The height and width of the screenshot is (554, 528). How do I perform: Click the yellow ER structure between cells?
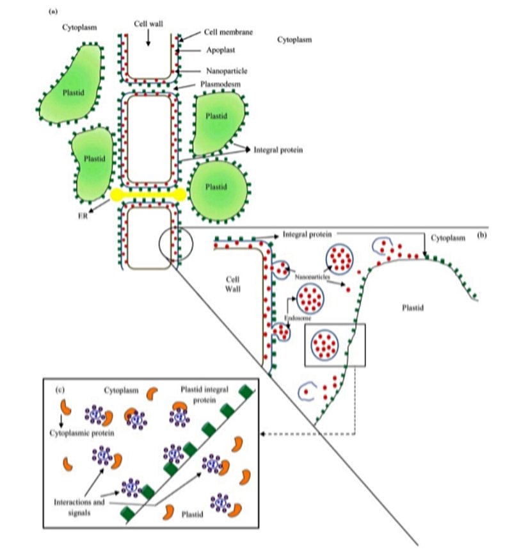(148, 195)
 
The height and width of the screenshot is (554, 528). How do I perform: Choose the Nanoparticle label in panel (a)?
(227, 71)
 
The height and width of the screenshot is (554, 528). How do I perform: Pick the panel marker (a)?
(54, 11)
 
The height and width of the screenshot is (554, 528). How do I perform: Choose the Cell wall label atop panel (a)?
(149, 22)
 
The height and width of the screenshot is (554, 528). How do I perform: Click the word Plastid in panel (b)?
(413, 307)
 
